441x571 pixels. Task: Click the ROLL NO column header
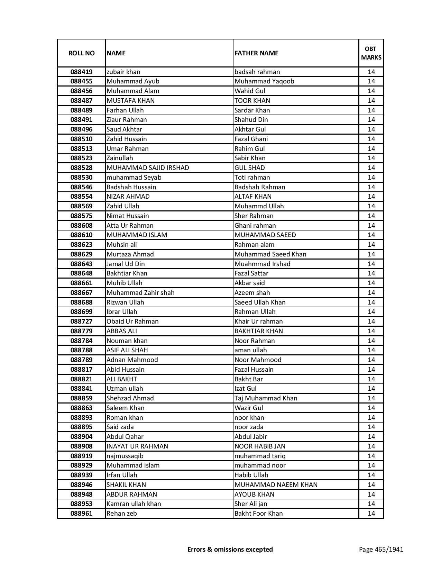(81, 53)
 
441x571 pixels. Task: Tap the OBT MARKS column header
(371, 53)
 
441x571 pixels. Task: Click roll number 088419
(81, 72)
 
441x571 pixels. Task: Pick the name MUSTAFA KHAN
(130, 101)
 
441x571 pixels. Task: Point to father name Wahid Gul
(250, 91)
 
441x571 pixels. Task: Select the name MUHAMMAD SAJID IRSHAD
(148, 168)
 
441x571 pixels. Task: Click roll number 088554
(81, 197)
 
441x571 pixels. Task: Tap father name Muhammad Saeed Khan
(270, 254)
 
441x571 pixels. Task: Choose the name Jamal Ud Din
(126, 264)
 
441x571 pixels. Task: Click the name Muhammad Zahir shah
(140, 293)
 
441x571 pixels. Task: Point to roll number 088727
(81, 321)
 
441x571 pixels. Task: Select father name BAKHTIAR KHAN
(258, 331)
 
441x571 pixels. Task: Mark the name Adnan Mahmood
(132, 360)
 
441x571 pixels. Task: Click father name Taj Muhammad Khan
(266, 398)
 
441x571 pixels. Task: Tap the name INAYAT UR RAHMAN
(137, 446)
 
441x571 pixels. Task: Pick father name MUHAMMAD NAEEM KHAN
(276, 485)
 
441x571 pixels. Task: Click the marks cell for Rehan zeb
(371, 514)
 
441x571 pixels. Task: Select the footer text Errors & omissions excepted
(230, 549)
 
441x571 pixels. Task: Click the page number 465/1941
(381, 549)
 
